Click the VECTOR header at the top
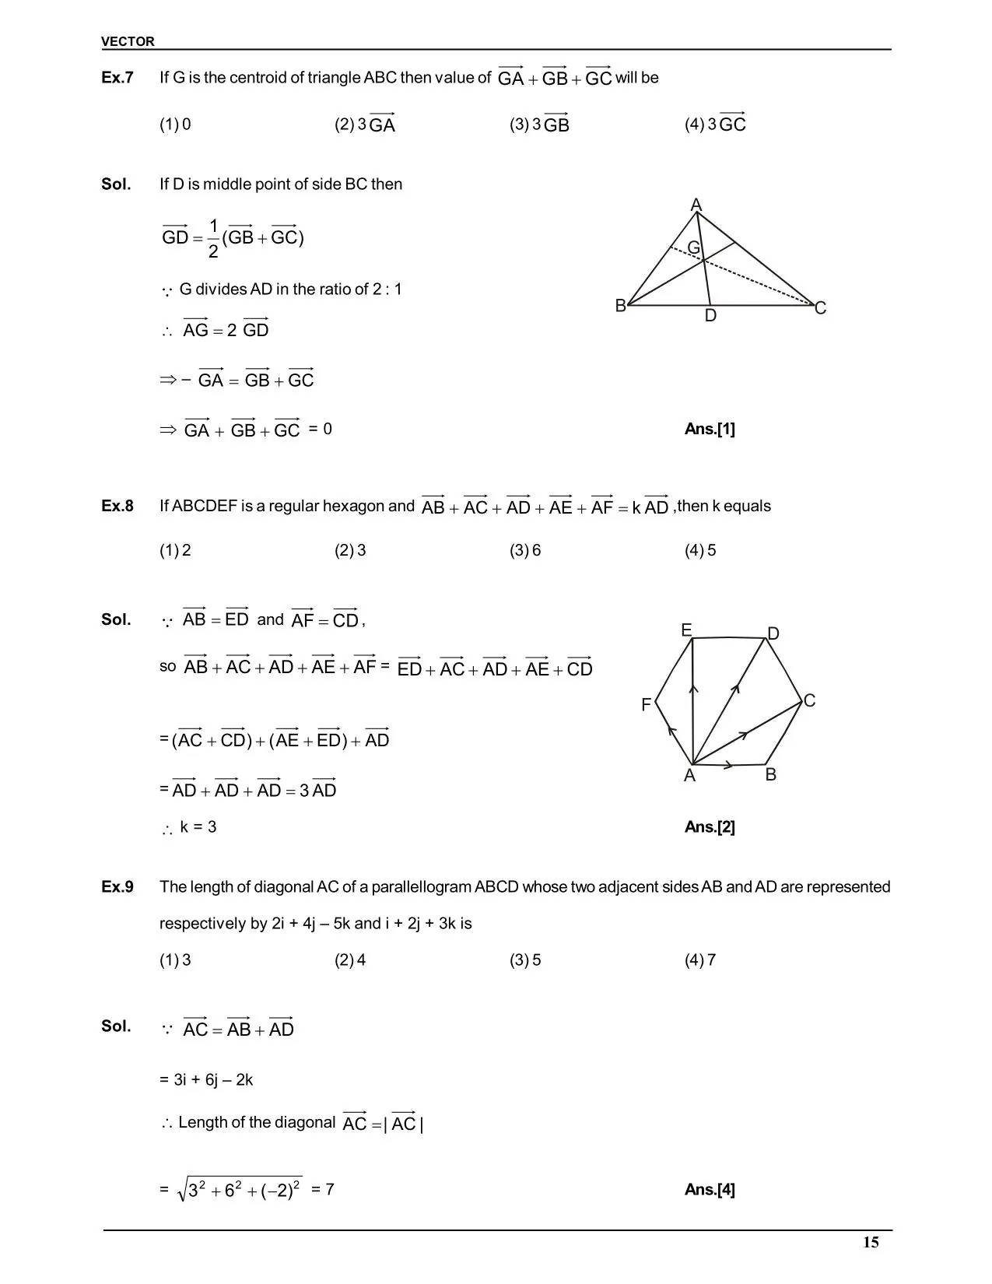128,41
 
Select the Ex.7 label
117,78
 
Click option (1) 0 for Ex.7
175,125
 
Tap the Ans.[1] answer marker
710,429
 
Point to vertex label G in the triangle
693,247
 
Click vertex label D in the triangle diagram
710,316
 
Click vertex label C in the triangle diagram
820,309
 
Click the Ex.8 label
117,506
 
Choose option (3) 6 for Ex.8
525,551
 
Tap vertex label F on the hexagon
646,705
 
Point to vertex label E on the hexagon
686,630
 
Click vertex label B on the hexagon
770,775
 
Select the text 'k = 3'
198,827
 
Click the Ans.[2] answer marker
710,827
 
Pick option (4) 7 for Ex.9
700,960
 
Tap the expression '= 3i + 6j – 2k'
206,1080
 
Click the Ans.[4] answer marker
710,1189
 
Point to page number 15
871,1242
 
